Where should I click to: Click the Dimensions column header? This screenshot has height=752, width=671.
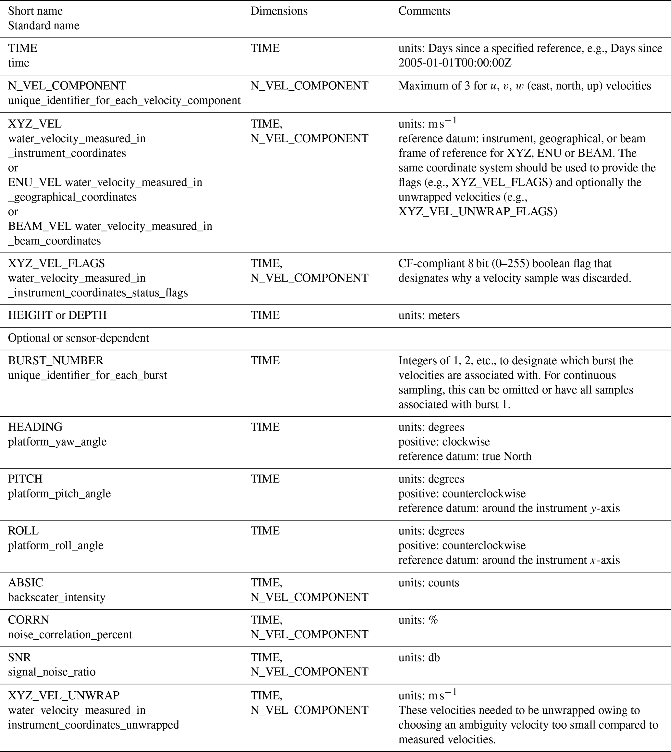point(279,11)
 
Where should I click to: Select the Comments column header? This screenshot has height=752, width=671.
point(424,11)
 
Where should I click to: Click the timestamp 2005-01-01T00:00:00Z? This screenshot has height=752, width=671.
point(455,63)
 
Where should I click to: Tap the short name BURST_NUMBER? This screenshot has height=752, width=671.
point(56,360)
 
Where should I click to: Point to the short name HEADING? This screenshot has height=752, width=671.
point(35,427)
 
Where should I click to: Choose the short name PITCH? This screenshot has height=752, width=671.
point(25,479)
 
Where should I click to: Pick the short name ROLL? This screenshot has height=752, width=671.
point(23,531)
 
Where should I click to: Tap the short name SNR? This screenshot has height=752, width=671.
point(19,657)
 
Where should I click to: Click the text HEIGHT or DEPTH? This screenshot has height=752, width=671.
point(57,315)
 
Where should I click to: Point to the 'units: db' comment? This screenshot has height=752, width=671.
point(419,658)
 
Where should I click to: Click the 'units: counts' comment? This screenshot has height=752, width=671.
point(429,583)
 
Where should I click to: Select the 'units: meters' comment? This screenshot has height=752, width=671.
point(429,316)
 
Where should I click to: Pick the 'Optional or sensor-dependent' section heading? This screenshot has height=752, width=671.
point(79,338)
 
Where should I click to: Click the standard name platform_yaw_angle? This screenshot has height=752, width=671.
point(57,442)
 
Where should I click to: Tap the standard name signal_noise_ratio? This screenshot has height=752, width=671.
point(52,672)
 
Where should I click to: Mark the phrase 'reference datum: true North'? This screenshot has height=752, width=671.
point(465,456)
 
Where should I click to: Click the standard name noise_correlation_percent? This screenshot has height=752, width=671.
point(70,634)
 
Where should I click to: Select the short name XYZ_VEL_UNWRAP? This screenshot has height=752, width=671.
point(64,695)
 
